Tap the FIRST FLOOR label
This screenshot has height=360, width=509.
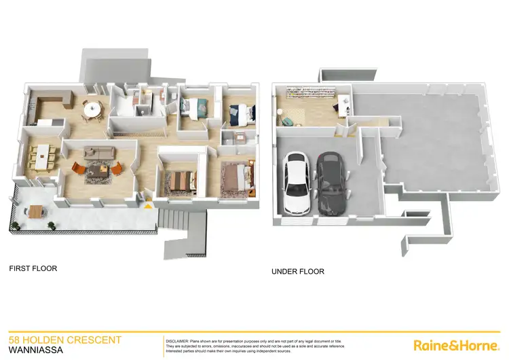click(33, 268)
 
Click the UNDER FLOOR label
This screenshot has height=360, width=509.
click(297, 272)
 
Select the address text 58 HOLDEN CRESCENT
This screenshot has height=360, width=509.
click(64, 340)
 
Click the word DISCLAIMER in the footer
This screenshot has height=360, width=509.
click(178, 338)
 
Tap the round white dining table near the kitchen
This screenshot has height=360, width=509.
click(92, 107)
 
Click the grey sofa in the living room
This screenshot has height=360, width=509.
click(97, 152)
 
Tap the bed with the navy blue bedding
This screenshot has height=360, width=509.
click(240, 114)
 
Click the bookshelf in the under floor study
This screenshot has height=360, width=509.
click(306, 96)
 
